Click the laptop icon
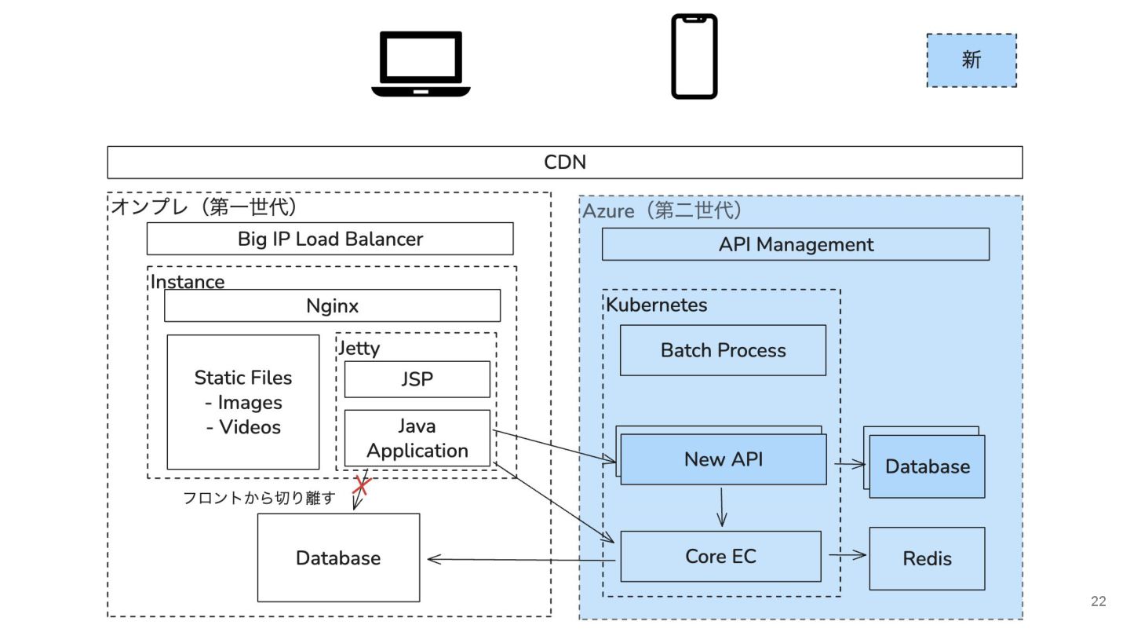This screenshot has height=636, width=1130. (421, 64)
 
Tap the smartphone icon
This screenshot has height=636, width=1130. (694, 57)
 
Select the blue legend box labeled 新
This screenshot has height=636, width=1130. (971, 60)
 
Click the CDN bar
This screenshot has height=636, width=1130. (565, 163)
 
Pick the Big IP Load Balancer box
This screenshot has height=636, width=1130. (330, 239)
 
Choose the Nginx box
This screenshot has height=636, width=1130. (332, 305)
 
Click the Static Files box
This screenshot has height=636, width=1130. (243, 402)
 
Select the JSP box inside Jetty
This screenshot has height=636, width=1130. (417, 379)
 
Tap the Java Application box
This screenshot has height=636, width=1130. (417, 438)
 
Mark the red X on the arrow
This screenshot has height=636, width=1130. (361, 484)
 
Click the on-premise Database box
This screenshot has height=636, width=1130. (338, 557)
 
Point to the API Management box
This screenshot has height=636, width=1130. (795, 244)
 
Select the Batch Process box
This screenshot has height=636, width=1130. (723, 350)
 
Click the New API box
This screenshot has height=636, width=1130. (723, 459)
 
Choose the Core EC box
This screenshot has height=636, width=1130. (720, 556)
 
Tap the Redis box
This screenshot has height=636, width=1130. (927, 558)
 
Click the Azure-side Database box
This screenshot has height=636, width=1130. (927, 466)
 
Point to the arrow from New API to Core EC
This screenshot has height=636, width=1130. (722, 507)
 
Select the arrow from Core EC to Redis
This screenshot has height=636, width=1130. (847, 555)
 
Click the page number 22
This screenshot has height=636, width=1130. (1098, 601)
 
